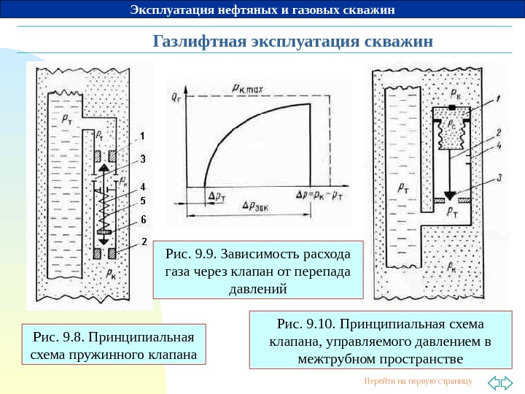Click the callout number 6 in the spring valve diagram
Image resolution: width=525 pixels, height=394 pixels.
143,218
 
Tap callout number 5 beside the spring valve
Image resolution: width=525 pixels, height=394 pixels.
143,201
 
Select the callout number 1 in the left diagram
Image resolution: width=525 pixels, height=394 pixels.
143,136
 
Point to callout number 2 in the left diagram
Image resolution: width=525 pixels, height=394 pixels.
143,242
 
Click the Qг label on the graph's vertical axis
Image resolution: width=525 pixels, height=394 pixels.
176,96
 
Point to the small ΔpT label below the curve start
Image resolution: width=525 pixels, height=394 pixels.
217,196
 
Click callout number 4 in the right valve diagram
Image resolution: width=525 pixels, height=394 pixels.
497,145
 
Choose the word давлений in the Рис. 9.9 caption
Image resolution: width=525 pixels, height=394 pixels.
258,288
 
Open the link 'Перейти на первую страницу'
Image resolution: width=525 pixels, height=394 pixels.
418,382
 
